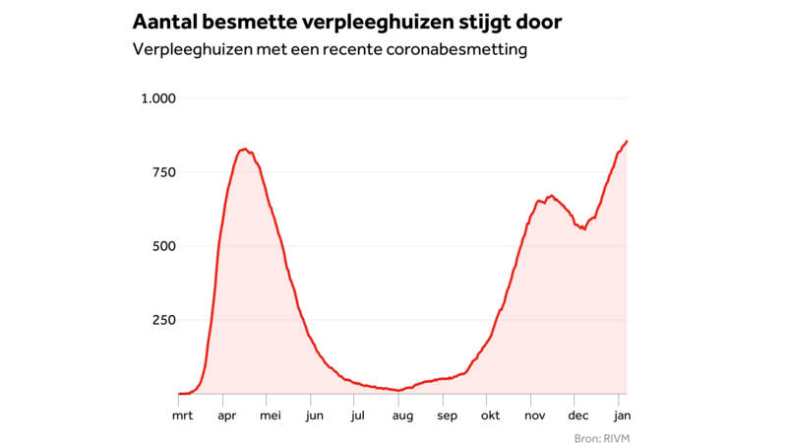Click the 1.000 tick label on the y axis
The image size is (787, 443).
pos(158,98)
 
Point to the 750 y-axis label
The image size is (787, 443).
pos(164,172)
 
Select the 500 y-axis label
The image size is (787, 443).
pos(164,246)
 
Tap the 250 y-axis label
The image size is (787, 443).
pos(164,320)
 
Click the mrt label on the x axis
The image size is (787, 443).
pos(182,415)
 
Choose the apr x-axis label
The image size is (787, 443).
pos(227,416)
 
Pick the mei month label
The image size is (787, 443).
pos(270,415)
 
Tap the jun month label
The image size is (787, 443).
pos(314,416)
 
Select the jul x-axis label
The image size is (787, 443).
pos(357,415)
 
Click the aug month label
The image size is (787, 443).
pos(402,416)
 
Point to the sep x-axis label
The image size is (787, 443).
pos(447,416)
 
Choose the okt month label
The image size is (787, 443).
pos(490,415)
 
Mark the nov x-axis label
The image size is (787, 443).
pos(534,415)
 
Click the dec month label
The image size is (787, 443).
pos(578,415)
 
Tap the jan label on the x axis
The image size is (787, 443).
pos(622,415)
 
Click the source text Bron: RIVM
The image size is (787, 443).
pos(602,438)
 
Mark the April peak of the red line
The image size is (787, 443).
pos(244,149)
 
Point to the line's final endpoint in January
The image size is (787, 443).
pos(627,141)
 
